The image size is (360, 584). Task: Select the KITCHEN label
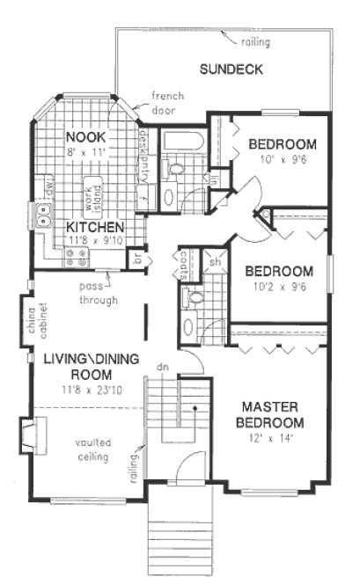click(x=94, y=226)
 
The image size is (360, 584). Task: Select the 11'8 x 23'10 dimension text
click(x=85, y=389)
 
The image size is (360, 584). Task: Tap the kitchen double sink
click(x=41, y=214)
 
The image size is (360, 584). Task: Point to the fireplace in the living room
click(x=29, y=435)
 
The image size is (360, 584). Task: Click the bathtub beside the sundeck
click(x=184, y=142)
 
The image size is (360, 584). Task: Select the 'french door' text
click(x=165, y=103)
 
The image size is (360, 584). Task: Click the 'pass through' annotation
click(x=92, y=293)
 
